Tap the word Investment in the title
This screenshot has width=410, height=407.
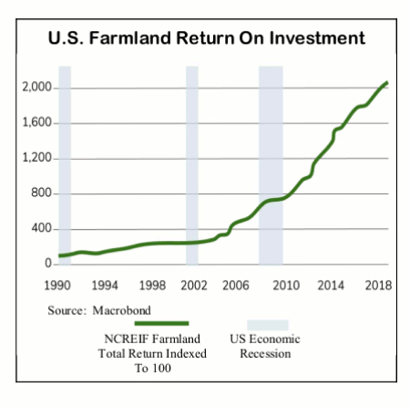pos(317,38)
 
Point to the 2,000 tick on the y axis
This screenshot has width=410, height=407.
pos(36,88)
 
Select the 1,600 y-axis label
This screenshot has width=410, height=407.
pos(36,122)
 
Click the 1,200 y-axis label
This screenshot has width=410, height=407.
pos(36,158)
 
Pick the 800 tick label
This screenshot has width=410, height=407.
pos(41,193)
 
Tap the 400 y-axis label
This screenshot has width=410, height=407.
pos(41,228)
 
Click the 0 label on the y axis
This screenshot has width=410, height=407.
pos(48,263)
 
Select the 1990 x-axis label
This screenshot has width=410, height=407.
pos(57,286)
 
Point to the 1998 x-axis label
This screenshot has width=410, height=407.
pos(152,286)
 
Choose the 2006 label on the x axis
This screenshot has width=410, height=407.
pos(236,286)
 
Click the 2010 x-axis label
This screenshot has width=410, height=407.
pos(286,286)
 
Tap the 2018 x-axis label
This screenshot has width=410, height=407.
pos(378,286)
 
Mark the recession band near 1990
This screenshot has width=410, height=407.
pos(65,165)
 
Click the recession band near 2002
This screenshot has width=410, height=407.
pos(192,165)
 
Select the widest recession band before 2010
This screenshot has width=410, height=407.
pos(271,165)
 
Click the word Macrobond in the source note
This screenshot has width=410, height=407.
pos(121,310)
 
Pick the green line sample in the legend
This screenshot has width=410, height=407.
pos(161,323)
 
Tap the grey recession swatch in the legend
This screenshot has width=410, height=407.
pos(268,325)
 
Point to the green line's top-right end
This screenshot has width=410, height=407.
pos(387,83)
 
